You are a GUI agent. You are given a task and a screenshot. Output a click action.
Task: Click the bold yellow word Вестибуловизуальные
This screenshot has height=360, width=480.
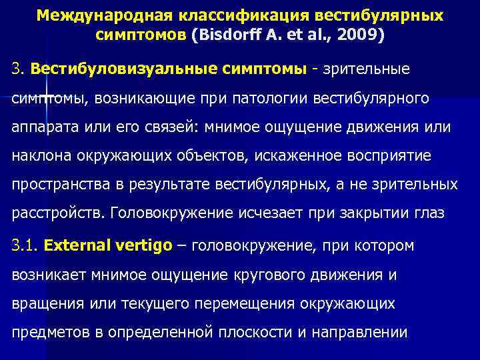pyautogui.click(x=119, y=69)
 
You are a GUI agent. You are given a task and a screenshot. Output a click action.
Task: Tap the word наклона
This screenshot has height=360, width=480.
pyautogui.click(x=39, y=156)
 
